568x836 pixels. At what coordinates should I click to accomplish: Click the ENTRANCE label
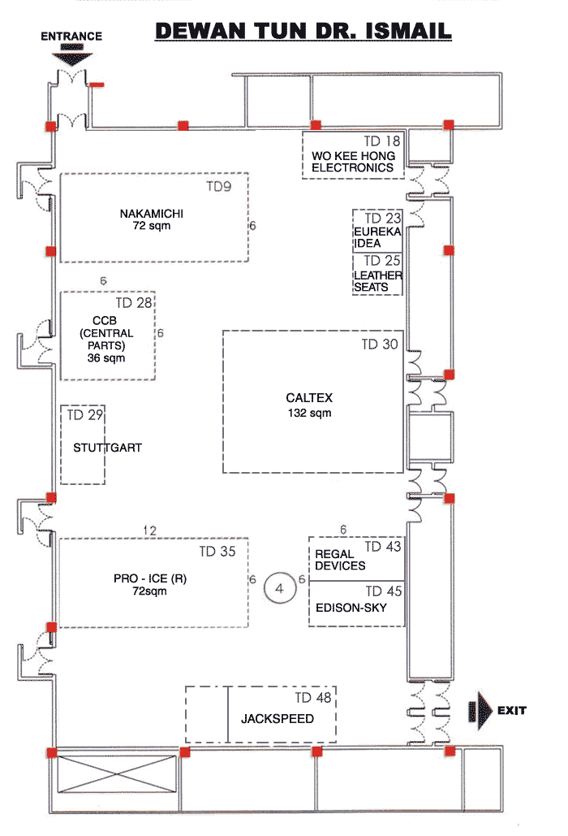click(71, 37)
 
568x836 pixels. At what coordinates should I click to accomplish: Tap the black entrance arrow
click(72, 56)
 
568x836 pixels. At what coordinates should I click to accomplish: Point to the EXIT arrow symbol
click(480, 710)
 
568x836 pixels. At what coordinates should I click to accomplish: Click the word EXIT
click(511, 710)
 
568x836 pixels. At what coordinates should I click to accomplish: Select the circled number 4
click(279, 588)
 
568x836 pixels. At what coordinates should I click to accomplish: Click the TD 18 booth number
click(381, 141)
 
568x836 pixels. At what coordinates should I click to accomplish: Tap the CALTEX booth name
click(309, 398)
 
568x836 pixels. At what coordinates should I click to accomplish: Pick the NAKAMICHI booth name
click(151, 214)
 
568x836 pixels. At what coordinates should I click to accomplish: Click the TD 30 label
click(380, 344)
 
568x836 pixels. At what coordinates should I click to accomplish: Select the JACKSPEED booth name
click(278, 719)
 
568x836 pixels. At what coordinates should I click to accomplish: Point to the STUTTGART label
click(108, 448)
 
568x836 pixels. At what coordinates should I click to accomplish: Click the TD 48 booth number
click(313, 697)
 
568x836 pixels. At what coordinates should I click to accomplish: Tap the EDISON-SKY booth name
click(351, 608)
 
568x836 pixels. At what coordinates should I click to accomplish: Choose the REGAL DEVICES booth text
click(340, 560)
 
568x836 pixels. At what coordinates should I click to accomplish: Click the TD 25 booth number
click(382, 261)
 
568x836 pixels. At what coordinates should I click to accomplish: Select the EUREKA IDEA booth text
click(377, 237)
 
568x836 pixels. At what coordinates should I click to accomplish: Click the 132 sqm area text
click(309, 413)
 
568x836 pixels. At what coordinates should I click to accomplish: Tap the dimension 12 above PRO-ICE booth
click(149, 531)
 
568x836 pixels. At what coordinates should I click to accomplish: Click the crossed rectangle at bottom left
click(117, 773)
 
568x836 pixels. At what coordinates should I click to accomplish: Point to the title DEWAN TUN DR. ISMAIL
click(303, 31)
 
